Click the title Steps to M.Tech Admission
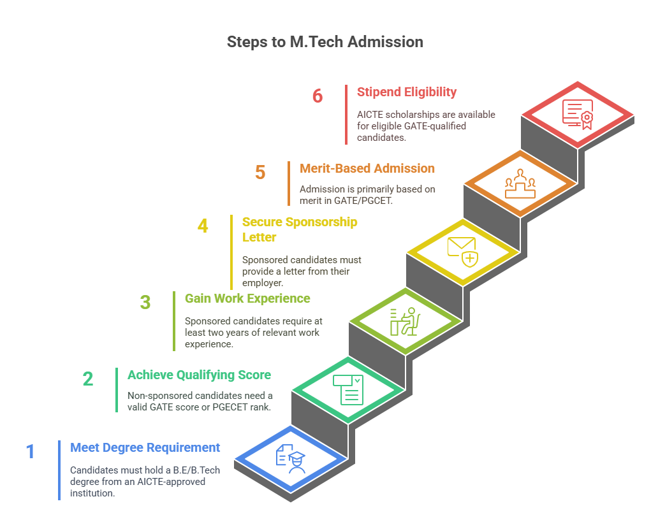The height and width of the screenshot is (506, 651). (325, 42)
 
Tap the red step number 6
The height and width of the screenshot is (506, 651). (318, 96)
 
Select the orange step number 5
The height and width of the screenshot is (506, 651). (260, 173)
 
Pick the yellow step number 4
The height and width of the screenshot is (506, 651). (203, 226)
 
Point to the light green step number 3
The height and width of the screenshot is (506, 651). (145, 302)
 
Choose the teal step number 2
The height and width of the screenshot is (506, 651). (88, 379)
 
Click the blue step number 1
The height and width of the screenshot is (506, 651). (30, 452)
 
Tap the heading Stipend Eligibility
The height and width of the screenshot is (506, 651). (407, 92)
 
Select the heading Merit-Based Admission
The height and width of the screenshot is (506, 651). (367, 168)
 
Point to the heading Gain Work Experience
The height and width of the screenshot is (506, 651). (247, 298)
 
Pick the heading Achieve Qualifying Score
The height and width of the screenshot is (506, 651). (199, 375)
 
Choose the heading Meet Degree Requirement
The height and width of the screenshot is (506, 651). (145, 447)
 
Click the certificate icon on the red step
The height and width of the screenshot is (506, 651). (577, 115)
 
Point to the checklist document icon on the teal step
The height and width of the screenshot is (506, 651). (348, 389)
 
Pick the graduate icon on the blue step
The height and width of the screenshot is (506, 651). (290, 458)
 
